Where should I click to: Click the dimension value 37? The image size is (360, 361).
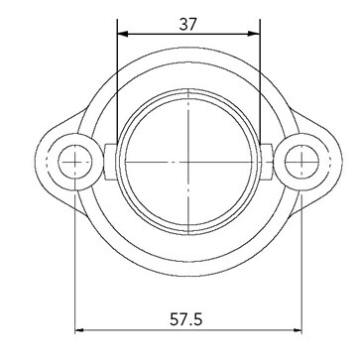coord(188,24)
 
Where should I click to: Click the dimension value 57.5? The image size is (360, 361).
coord(186,319)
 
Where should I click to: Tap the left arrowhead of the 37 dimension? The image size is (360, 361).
coord(123,34)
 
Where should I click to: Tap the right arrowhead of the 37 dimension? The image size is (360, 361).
coord(255,34)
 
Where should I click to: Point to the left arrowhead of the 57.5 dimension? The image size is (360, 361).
coord(79,330)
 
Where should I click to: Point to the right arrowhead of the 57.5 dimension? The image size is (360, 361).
coord(298,330)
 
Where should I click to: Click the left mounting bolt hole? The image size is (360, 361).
coord(75,162)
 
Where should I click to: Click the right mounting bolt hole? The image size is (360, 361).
coord(301,162)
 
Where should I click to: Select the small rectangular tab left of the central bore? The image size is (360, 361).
coord(111,162)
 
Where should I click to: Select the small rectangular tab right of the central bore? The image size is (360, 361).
coord(266,162)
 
